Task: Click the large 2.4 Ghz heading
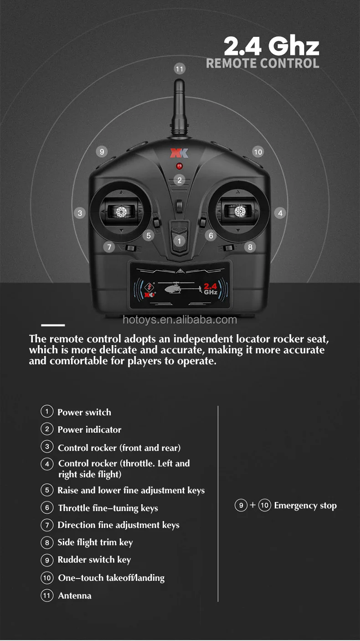point(271,47)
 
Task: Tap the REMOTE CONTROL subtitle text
point(262,63)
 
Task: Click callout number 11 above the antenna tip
point(180,69)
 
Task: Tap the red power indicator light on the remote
point(179,166)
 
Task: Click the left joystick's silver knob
point(121,211)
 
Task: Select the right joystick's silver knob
point(240,211)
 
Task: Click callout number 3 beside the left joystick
point(80,213)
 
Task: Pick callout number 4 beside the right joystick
point(280,213)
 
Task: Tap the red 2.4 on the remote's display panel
point(210,286)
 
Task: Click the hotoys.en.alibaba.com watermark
point(180,320)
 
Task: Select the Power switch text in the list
point(84,412)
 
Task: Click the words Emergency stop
point(305,506)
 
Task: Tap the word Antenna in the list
point(75,595)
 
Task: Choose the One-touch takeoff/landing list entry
point(111,578)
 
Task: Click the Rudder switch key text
point(94,560)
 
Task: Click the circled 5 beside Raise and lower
point(47,490)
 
